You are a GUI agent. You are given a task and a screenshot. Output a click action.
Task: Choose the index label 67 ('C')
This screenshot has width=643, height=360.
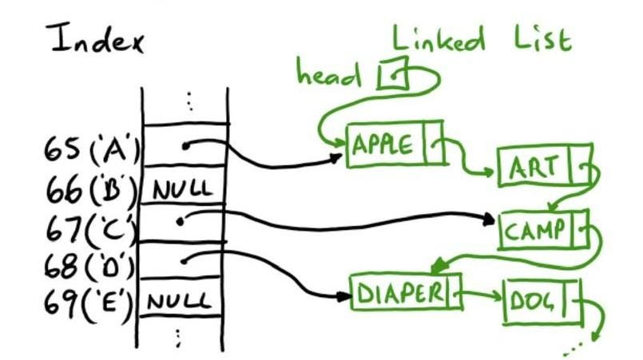click(88, 228)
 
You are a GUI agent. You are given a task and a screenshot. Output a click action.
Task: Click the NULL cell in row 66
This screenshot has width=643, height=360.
click(184, 191)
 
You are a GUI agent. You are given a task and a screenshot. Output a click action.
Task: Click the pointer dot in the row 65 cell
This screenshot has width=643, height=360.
click(185, 146)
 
